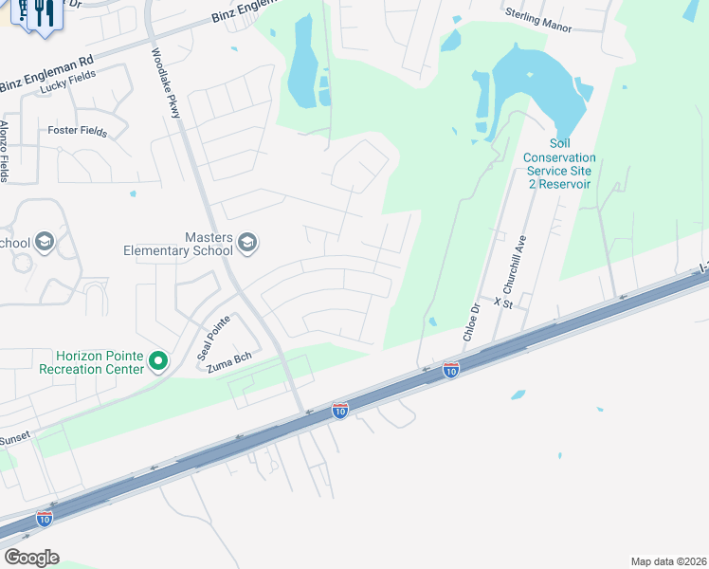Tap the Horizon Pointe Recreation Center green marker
(159, 360)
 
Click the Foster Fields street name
(78, 131)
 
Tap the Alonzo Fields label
(5, 151)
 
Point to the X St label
(502, 301)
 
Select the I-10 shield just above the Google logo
(45, 518)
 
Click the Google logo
(31, 558)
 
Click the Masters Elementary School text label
(178, 245)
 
